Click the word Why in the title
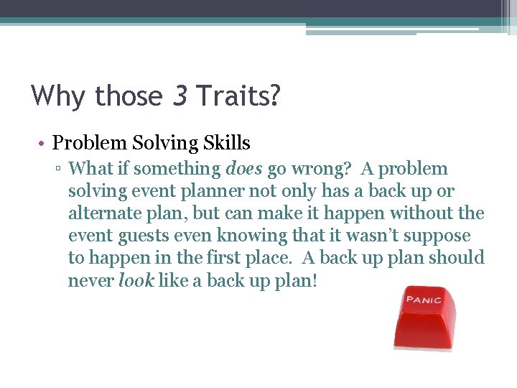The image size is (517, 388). tap(57, 96)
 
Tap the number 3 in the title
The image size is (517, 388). tap(180, 96)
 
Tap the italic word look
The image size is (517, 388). tap(136, 280)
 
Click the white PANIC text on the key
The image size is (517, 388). tap(424, 299)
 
